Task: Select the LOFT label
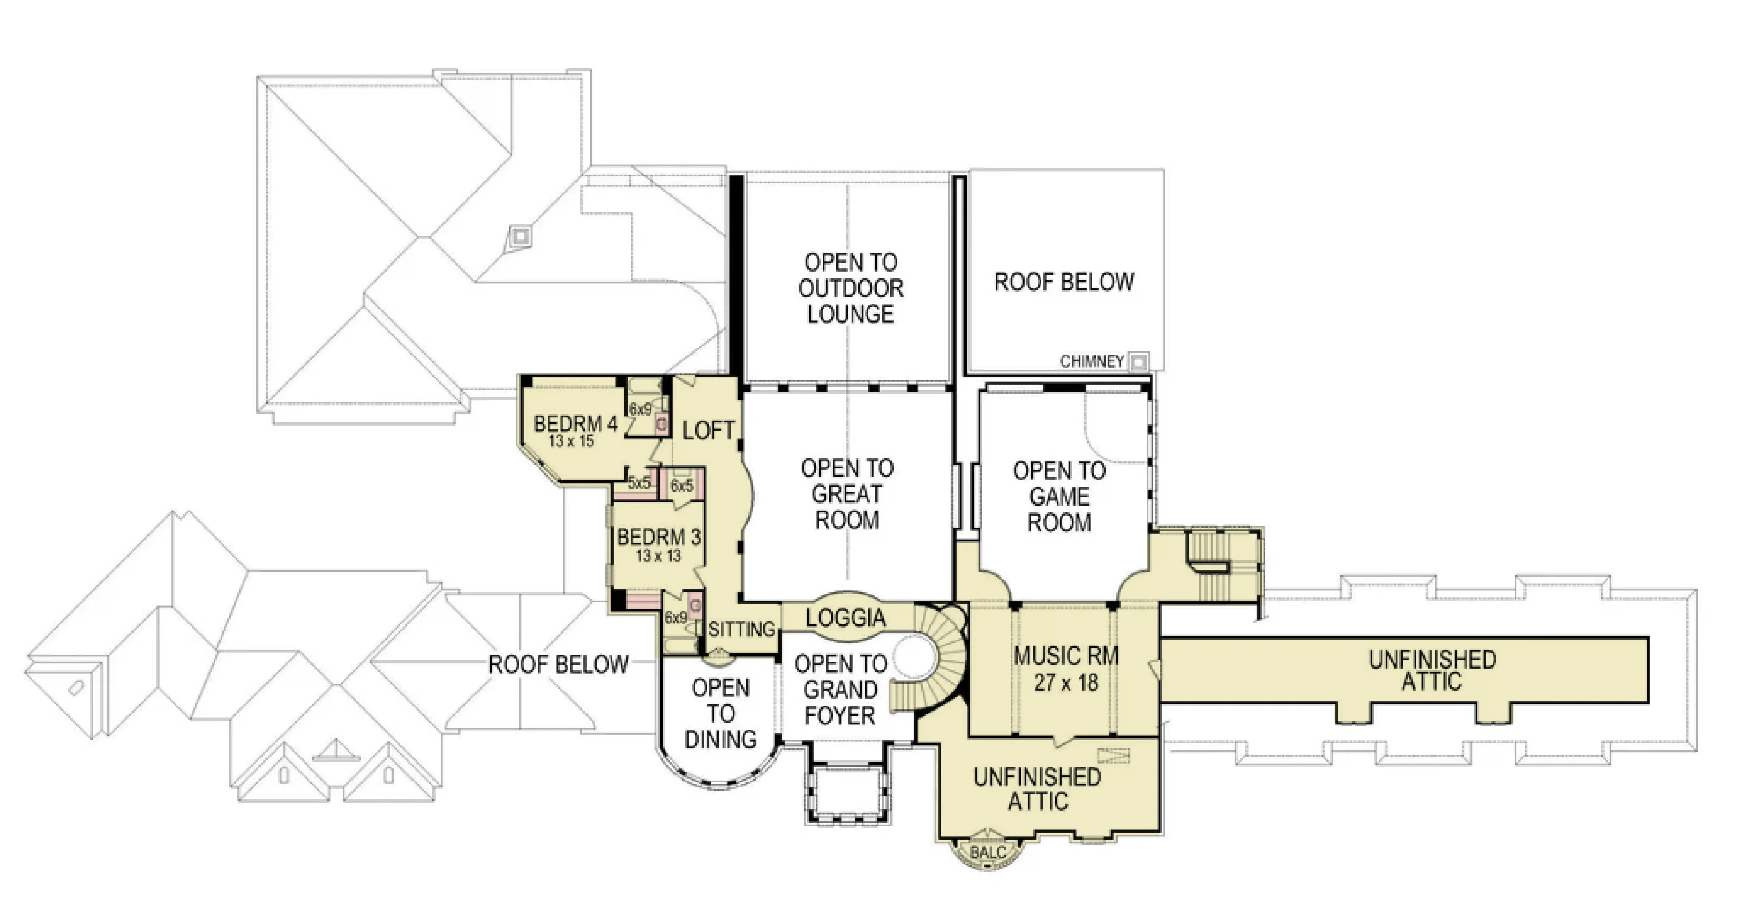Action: click(x=708, y=430)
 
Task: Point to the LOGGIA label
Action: click(x=846, y=618)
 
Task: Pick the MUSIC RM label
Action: click(x=1066, y=655)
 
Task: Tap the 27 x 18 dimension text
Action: click(x=1066, y=683)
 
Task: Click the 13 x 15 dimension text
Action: click(x=571, y=441)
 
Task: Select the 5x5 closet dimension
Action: click(x=639, y=483)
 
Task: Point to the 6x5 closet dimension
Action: click(x=682, y=485)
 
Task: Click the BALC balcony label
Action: click(x=988, y=852)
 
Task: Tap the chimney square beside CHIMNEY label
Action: click(x=1138, y=362)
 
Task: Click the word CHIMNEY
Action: click(x=1092, y=362)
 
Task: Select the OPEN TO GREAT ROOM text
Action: click(x=847, y=494)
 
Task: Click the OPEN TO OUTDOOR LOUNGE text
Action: click(x=851, y=288)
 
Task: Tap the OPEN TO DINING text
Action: click(x=721, y=713)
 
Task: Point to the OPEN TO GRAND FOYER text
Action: click(x=840, y=689)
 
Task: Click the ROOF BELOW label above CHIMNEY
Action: click(x=1064, y=282)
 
